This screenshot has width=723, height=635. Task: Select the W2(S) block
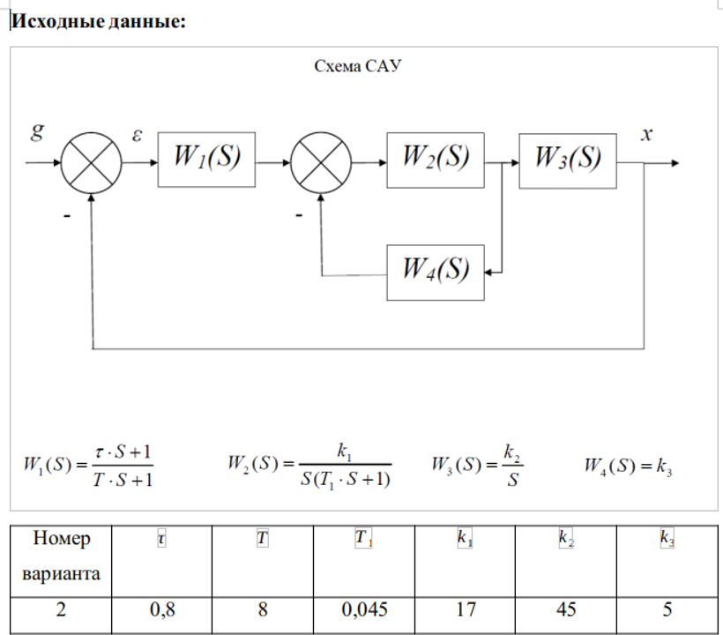point(435,161)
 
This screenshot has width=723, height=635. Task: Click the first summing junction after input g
point(92,163)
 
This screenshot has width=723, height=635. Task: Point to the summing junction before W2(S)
point(321,163)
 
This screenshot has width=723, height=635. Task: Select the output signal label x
point(646,135)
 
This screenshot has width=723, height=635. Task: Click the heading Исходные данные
point(98,22)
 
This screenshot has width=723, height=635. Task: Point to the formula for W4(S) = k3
point(629,465)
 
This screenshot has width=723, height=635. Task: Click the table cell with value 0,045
point(364,609)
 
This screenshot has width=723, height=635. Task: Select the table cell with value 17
point(465,609)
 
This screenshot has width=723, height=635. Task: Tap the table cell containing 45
point(567,609)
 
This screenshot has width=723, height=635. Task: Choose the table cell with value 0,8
point(162,609)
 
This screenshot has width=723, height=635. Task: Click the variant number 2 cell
point(61,609)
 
